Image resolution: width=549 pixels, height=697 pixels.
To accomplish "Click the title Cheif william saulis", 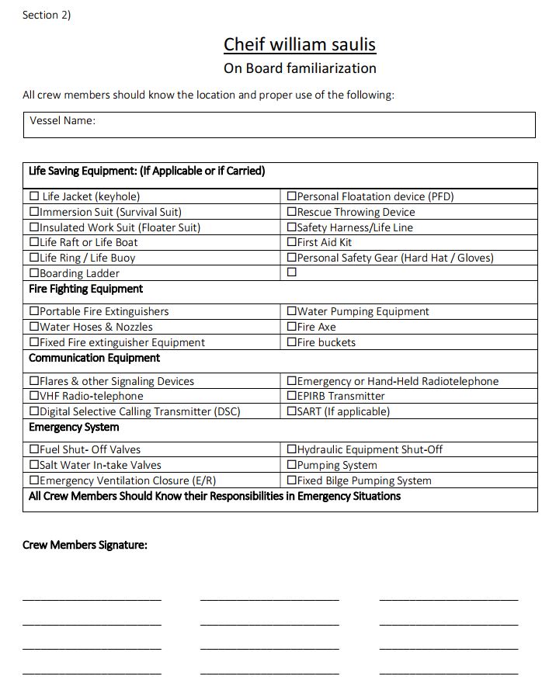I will pyautogui.click(x=300, y=44).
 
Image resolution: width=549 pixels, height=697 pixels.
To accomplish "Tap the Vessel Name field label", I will pyautogui.click(x=62, y=120).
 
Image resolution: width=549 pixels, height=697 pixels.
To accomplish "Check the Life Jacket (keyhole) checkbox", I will pyautogui.click(x=34, y=196).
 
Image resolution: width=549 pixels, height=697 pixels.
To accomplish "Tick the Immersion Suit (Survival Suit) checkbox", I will pyautogui.click(x=34, y=212).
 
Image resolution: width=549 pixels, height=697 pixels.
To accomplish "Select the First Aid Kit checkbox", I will pyautogui.click(x=292, y=242).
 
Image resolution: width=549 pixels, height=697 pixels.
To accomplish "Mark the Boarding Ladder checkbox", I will pyautogui.click(x=34, y=273).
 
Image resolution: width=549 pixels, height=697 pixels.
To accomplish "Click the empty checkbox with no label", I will pyautogui.click(x=292, y=272).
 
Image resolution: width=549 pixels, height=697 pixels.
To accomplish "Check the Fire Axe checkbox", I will pyautogui.click(x=292, y=327).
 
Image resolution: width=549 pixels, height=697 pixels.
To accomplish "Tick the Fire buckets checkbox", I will pyautogui.click(x=292, y=342).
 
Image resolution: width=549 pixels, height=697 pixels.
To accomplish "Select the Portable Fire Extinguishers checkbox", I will pyautogui.click(x=34, y=311).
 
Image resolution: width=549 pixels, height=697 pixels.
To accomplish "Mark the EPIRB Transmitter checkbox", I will pyautogui.click(x=292, y=396).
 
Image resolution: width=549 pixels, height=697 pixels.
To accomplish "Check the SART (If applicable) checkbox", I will pyautogui.click(x=292, y=411).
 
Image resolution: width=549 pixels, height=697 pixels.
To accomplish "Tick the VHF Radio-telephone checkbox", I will pyautogui.click(x=34, y=396).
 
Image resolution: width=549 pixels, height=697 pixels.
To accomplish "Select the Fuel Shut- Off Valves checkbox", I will pyautogui.click(x=34, y=449).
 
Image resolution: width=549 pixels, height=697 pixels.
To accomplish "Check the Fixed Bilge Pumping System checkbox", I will pyautogui.click(x=292, y=480).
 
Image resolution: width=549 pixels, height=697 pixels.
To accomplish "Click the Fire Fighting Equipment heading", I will pyautogui.click(x=85, y=289).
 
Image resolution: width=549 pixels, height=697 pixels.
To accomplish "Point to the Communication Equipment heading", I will pyautogui.click(x=94, y=358).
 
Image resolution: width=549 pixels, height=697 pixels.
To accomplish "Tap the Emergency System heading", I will pyautogui.click(x=74, y=427).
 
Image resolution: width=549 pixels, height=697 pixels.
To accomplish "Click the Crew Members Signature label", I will pyautogui.click(x=85, y=545).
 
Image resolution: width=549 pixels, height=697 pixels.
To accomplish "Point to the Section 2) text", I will pyautogui.click(x=47, y=15).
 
